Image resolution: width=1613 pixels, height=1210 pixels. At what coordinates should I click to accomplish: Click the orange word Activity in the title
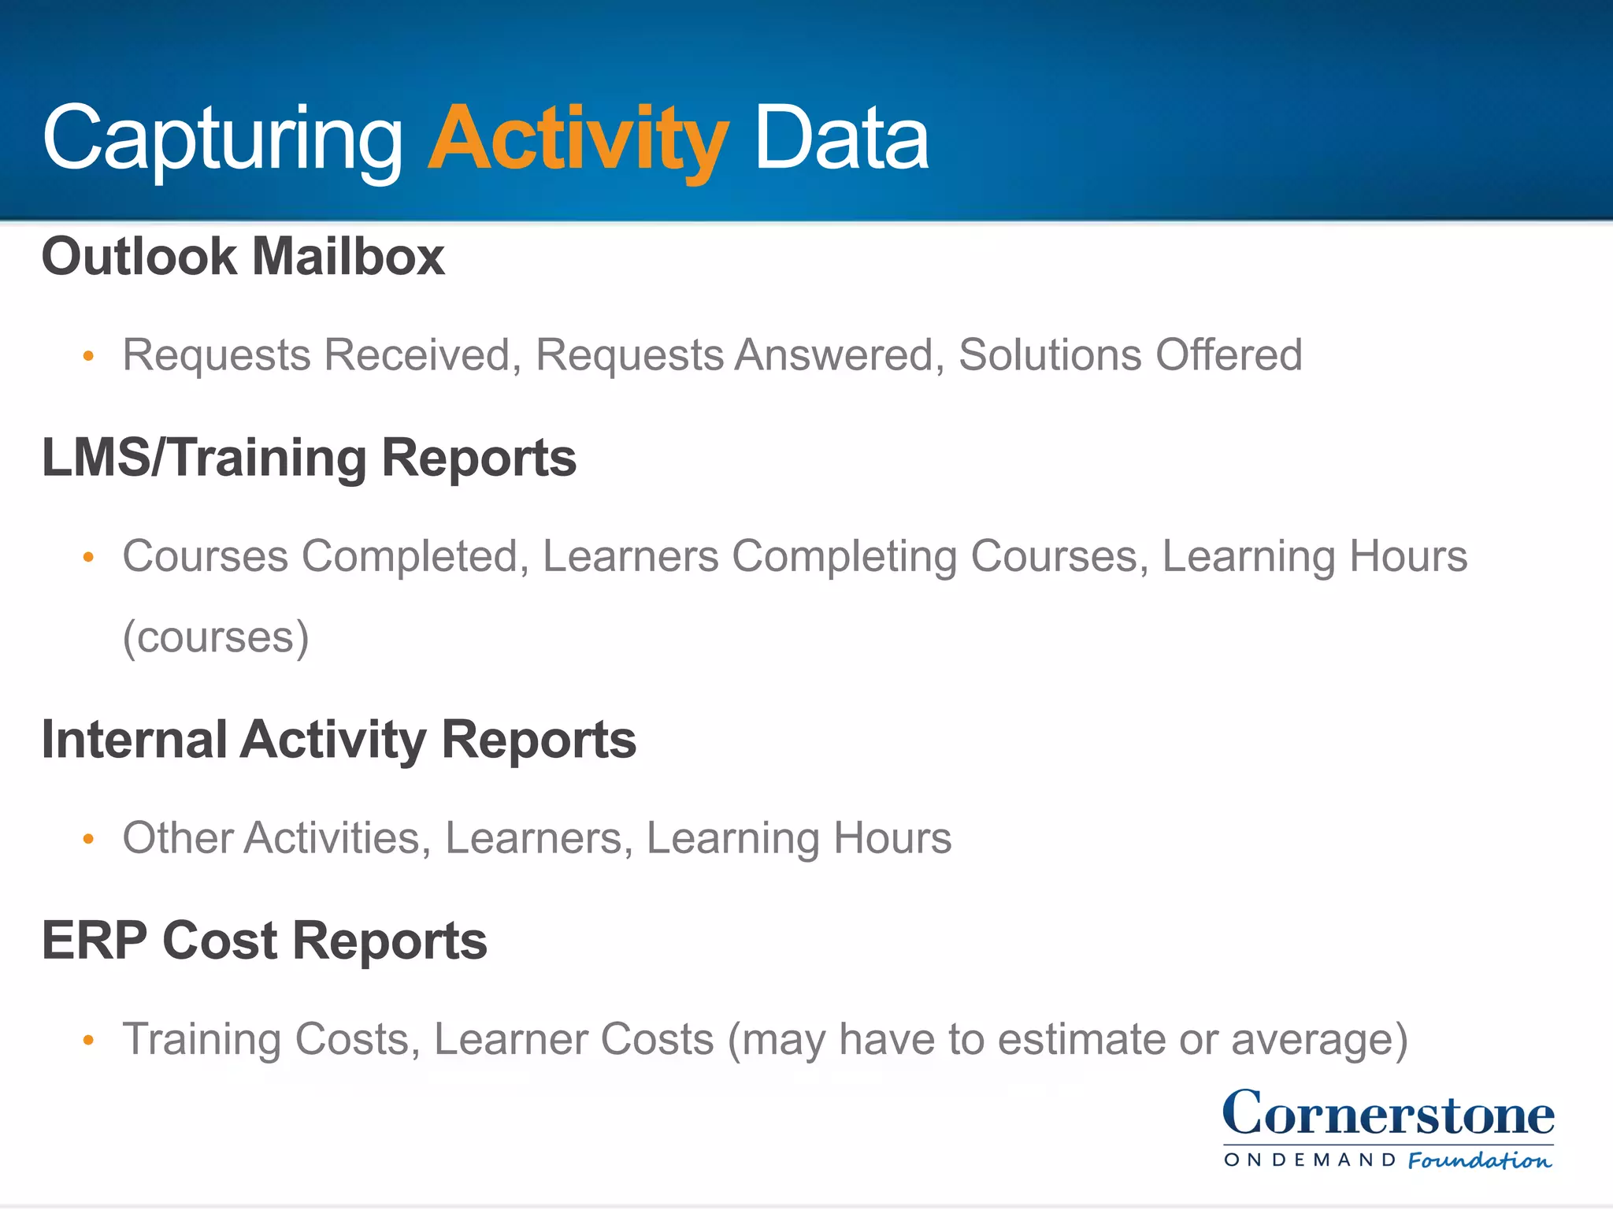[x=577, y=140]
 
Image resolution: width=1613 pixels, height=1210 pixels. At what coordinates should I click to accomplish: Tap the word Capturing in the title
[x=223, y=140]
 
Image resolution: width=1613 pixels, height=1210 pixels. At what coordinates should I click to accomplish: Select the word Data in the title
[x=841, y=140]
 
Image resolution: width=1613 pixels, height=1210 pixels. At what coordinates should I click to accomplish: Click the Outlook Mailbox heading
[x=243, y=257]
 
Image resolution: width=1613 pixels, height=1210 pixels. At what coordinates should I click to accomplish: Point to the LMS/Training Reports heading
[x=309, y=458]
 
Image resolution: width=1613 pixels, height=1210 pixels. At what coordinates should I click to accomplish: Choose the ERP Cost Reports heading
[x=264, y=941]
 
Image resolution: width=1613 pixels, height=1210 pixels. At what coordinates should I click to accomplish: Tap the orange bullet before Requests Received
[x=88, y=357]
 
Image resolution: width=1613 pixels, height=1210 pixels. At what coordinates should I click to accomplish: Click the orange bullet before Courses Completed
[x=88, y=558]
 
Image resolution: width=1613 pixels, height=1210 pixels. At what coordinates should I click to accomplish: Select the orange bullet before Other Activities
[x=88, y=840]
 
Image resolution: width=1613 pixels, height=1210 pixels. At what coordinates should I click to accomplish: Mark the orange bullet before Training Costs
[x=88, y=1041]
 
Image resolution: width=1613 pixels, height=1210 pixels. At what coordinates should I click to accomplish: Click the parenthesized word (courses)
[x=216, y=637]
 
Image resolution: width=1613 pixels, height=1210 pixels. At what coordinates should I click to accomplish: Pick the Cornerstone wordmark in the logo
[x=1388, y=1114]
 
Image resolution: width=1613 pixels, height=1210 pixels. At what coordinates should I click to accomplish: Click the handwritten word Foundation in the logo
[x=1479, y=1160]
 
